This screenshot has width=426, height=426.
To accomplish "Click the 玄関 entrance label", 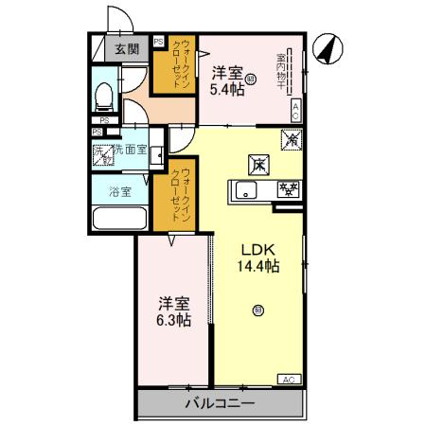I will (x=127, y=49).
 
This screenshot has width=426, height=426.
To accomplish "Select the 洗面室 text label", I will (x=131, y=150).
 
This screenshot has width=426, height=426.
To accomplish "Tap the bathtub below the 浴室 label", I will (x=119, y=219).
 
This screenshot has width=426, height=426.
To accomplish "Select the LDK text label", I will (x=257, y=249).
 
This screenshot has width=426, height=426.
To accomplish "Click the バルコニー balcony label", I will (x=219, y=403).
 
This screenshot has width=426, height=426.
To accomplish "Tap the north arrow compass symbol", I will (x=326, y=49).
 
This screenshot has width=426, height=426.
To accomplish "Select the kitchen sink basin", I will (x=244, y=191).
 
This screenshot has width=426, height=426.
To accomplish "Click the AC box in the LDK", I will (x=286, y=379).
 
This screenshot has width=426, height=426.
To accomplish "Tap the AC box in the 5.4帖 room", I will (x=296, y=108).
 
